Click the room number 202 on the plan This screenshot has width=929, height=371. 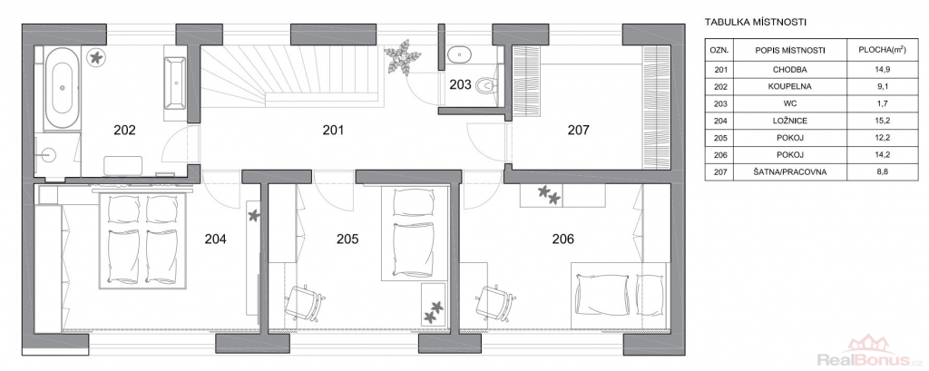(124, 130)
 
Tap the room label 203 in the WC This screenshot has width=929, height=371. (460, 84)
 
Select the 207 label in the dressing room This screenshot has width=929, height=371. (578, 130)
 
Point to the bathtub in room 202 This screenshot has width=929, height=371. (62, 88)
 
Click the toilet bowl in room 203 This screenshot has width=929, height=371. (486, 86)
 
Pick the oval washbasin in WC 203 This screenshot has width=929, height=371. (459, 54)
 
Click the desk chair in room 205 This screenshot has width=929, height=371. (305, 301)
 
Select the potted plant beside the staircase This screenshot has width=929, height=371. (403, 57)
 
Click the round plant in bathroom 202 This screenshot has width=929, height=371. (94, 57)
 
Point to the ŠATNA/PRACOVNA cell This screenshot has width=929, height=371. (791, 172)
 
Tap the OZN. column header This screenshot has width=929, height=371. (719, 51)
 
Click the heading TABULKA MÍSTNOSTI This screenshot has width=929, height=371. (756, 23)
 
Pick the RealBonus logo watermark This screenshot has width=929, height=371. (869, 352)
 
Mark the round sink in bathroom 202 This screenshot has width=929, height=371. (50, 155)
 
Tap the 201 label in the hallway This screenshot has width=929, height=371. (333, 130)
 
